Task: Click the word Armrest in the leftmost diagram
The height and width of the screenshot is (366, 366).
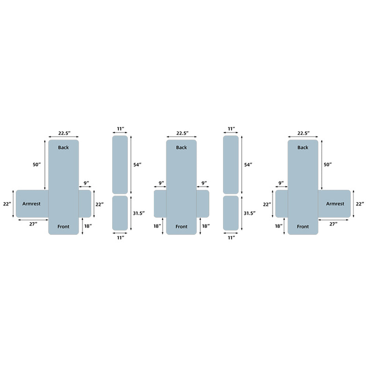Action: click(31, 204)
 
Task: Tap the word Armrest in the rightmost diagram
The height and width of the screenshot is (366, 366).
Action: click(335, 204)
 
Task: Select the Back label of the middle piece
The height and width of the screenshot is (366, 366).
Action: click(182, 147)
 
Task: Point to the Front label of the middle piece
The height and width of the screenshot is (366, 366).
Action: click(182, 227)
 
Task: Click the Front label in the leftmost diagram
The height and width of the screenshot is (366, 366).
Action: click(63, 227)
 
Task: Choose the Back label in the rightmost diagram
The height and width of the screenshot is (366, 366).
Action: click(303, 147)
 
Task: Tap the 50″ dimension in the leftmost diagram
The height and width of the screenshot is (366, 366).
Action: click(37, 165)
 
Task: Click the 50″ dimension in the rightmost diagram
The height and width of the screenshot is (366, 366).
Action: click(328, 165)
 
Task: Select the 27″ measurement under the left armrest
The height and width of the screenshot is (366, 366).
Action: click(33, 224)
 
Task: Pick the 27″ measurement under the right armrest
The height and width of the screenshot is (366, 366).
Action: click(333, 224)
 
